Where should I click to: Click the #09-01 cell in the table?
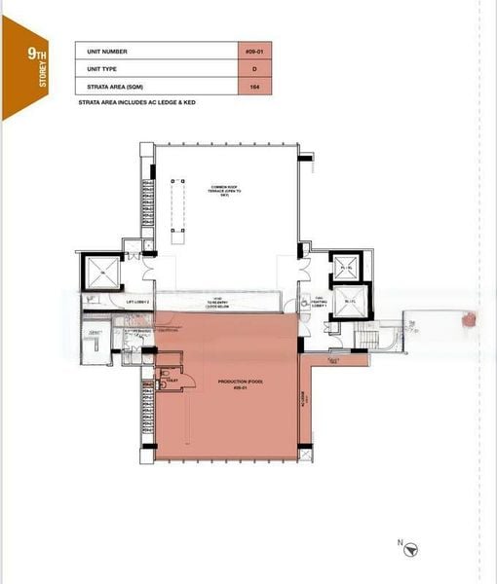(253, 51)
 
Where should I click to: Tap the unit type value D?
(253, 69)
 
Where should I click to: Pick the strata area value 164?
(253, 88)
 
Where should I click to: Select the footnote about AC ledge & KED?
(136, 102)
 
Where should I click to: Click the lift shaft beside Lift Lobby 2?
(102, 272)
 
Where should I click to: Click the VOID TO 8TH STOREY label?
(225, 303)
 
